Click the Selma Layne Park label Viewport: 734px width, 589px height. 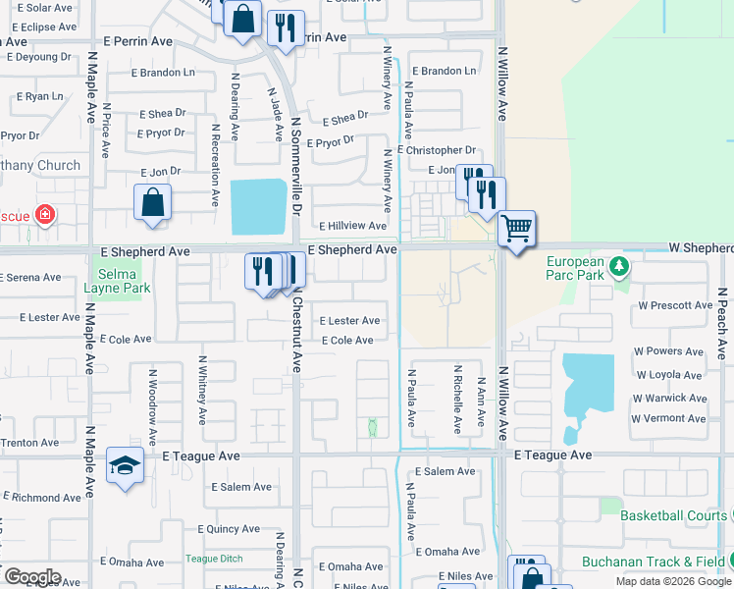(x=123, y=275)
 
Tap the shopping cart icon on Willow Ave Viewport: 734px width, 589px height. (x=516, y=230)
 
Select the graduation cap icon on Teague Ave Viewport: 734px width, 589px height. (x=126, y=466)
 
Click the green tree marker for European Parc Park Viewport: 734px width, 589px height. (x=617, y=266)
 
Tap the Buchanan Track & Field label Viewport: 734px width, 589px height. (x=653, y=562)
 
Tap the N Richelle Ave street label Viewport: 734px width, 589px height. (x=457, y=400)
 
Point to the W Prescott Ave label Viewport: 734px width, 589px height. (x=675, y=305)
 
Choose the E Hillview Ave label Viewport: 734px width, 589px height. (x=353, y=226)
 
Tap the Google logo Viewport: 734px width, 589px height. (x=31, y=577)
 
